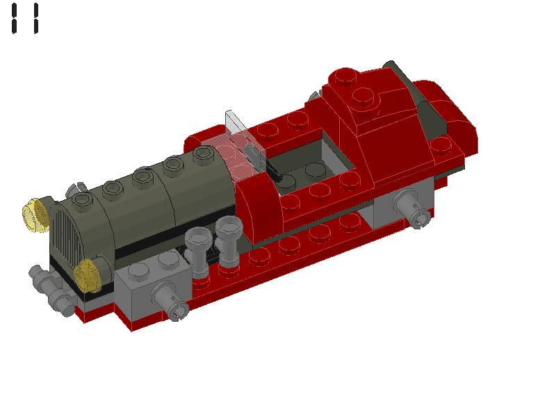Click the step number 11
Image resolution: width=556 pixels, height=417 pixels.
point(24,18)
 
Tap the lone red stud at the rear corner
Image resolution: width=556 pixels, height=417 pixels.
point(440,146)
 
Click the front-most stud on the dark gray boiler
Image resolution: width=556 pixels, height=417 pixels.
point(83,200)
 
